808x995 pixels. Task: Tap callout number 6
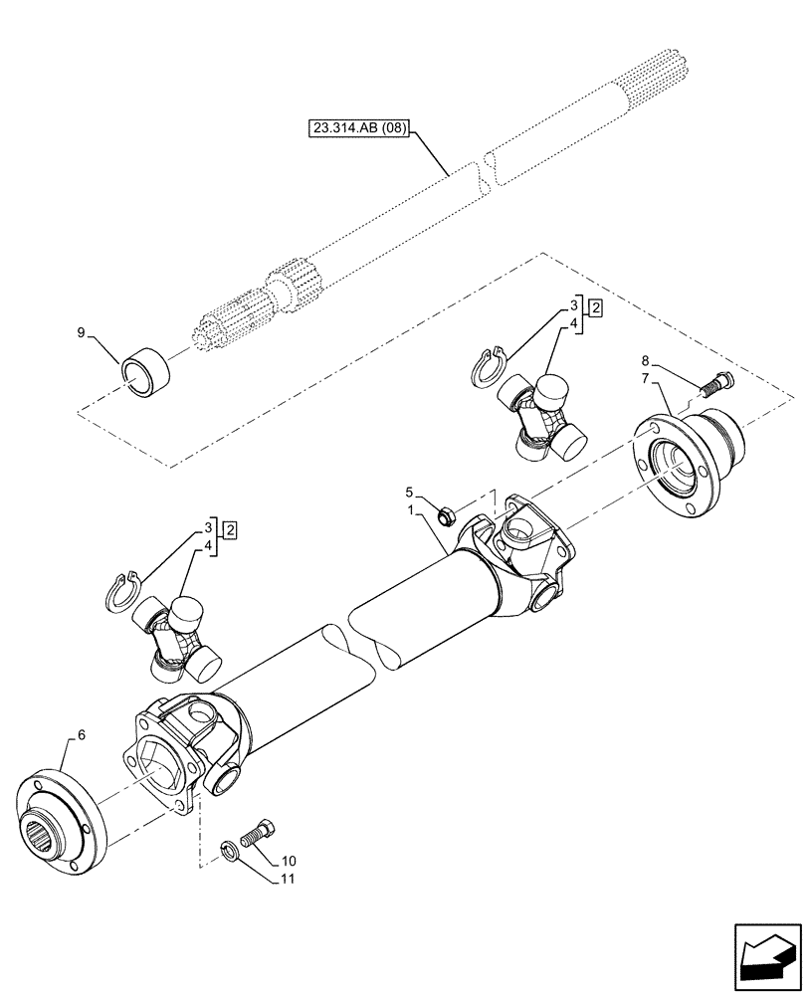(x=68, y=735)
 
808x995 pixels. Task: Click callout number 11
(x=290, y=879)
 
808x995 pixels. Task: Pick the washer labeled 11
(x=229, y=849)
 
